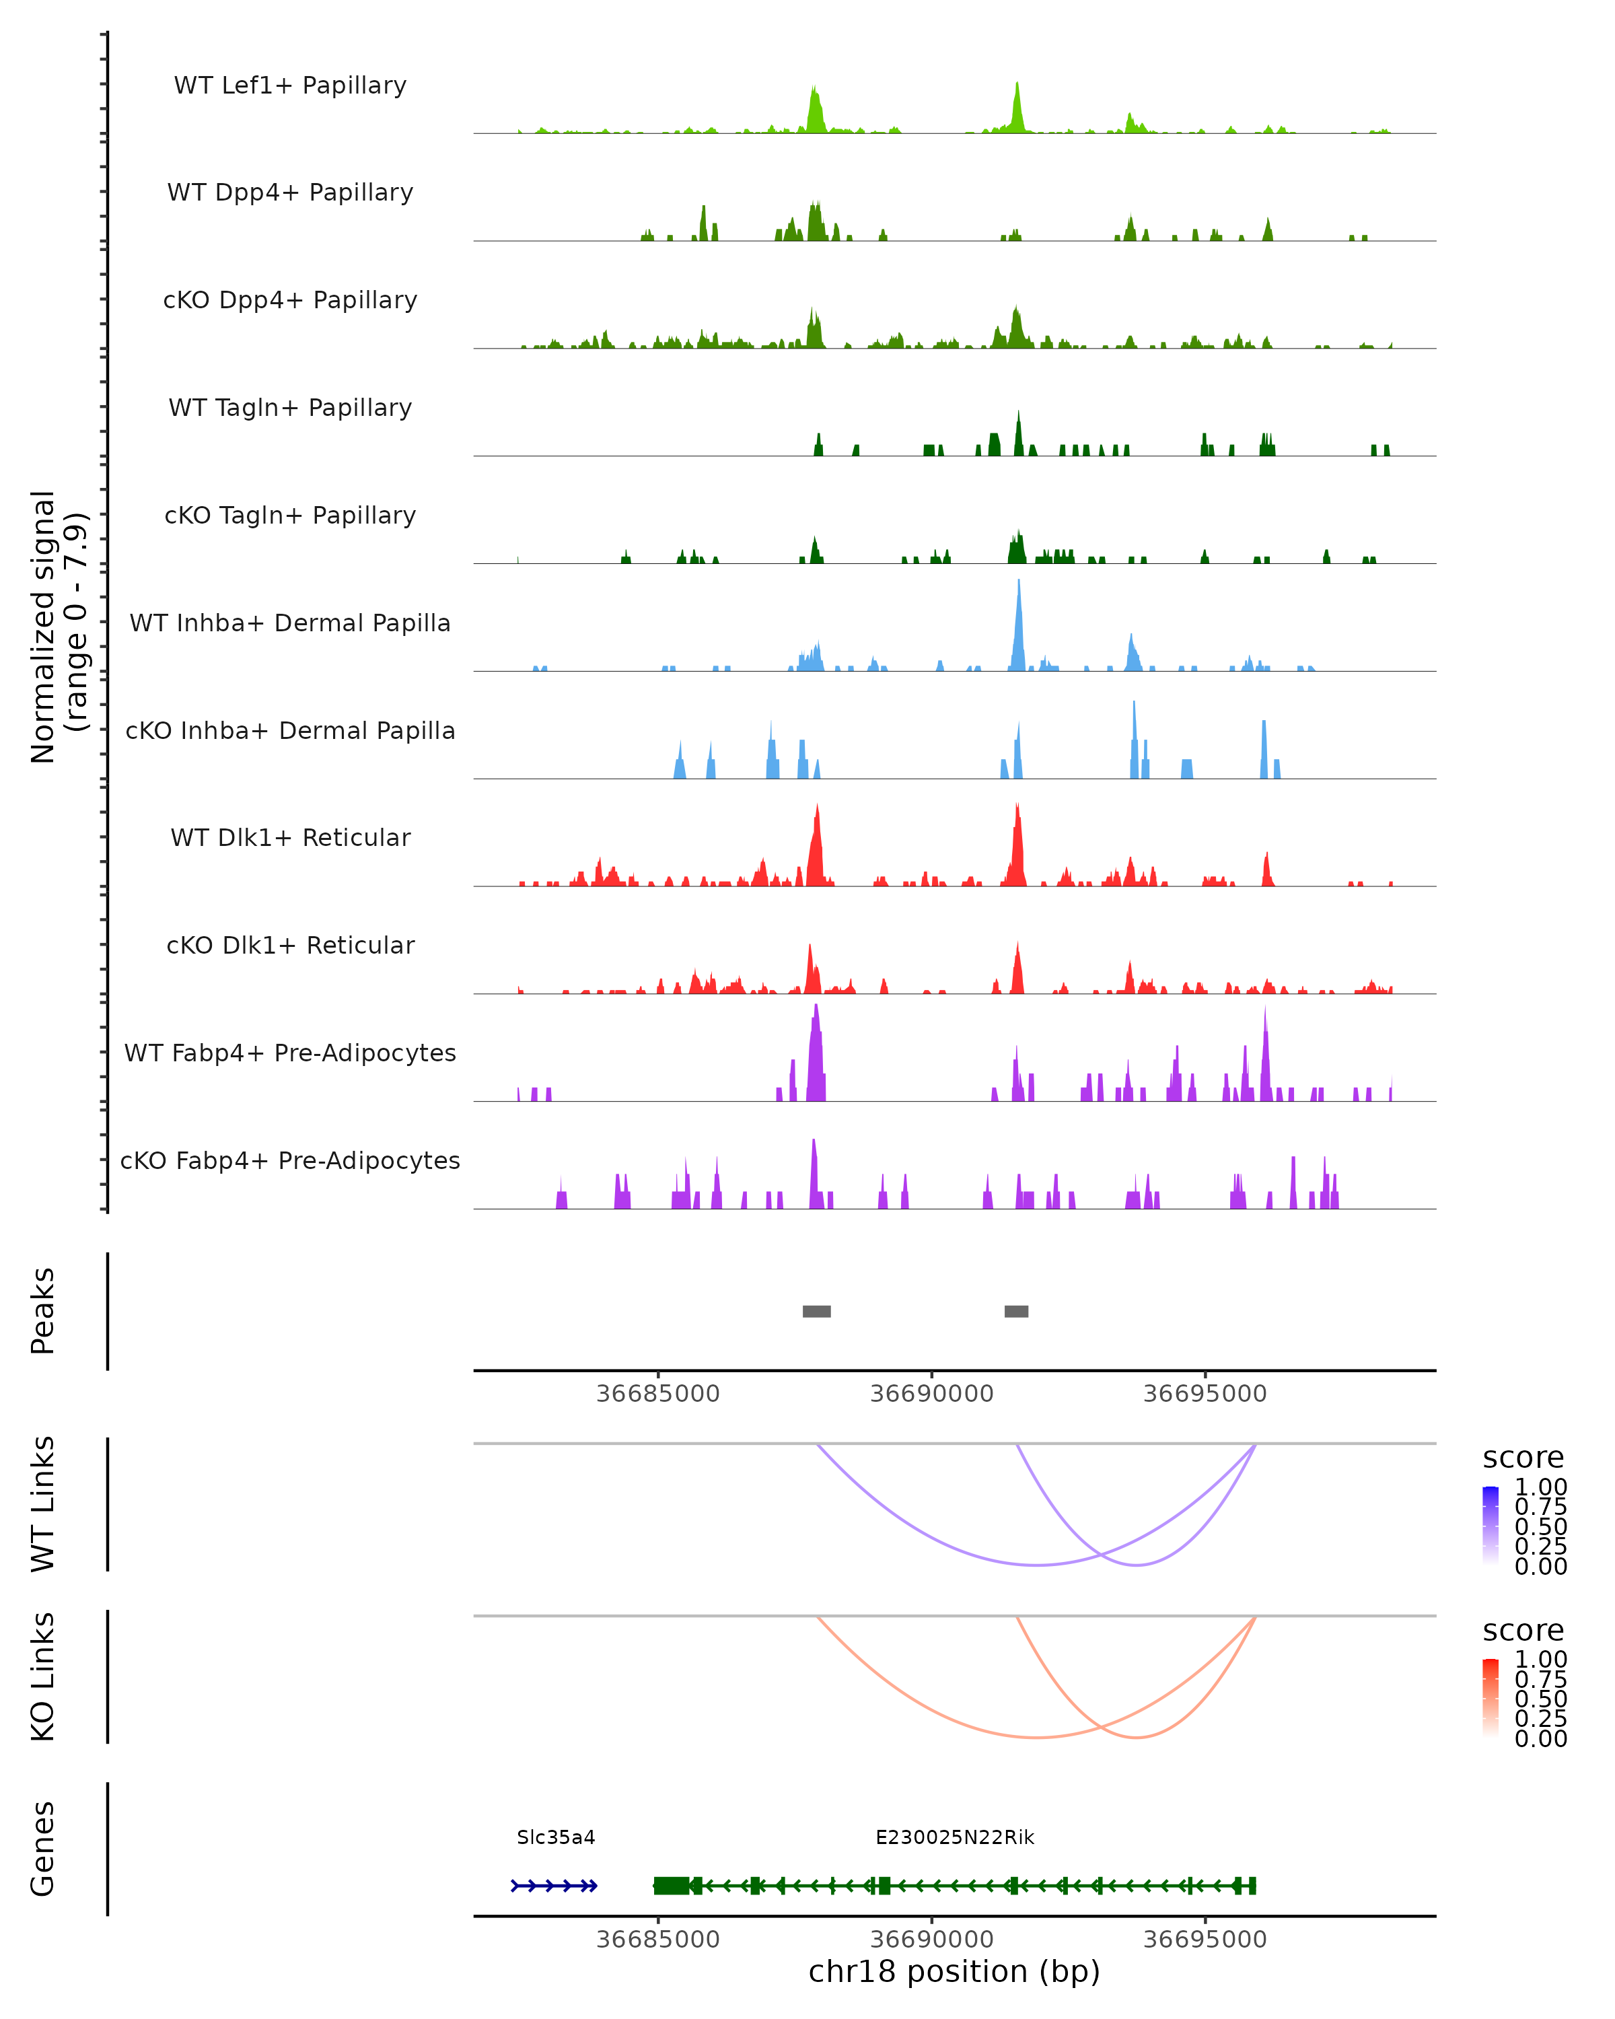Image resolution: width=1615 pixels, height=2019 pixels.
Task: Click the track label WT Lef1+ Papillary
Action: [290, 85]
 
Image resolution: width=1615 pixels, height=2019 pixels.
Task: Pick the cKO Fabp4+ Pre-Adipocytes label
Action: [290, 1160]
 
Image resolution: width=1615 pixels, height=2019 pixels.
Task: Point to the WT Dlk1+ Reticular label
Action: [290, 837]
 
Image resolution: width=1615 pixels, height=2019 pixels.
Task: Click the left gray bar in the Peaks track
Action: [816, 1311]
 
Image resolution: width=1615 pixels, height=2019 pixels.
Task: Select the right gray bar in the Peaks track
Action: [1016, 1311]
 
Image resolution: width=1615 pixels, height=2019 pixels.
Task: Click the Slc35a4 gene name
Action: [555, 1837]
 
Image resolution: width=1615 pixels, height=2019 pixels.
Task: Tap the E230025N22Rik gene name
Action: [954, 1837]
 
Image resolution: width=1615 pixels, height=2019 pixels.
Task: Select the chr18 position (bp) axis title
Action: [954, 1971]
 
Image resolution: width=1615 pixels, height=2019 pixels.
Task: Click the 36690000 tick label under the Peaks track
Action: [931, 1394]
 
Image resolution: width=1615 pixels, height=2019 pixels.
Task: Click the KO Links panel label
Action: [43, 1676]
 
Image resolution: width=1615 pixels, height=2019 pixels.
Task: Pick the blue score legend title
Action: [1522, 1457]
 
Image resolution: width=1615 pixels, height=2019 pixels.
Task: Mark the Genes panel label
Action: [43, 1849]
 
